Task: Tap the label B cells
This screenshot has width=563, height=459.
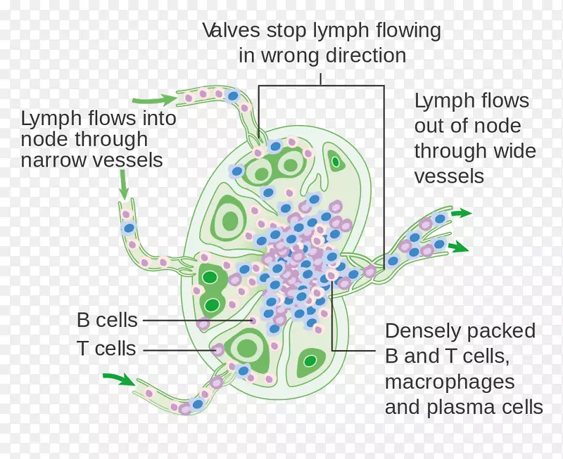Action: [x=107, y=321]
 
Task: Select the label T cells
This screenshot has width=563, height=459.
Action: [x=107, y=348]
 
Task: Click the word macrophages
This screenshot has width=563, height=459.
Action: [x=450, y=382]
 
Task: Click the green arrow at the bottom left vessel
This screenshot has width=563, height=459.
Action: [x=118, y=379]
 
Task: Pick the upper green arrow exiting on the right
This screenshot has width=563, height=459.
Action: [x=461, y=212]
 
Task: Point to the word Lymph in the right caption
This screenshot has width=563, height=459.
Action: [x=441, y=101]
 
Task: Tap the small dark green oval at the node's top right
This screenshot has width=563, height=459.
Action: [x=336, y=162]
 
